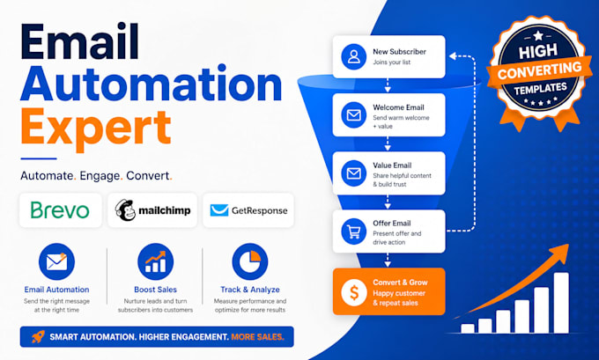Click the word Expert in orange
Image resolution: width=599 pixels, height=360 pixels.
point(95,129)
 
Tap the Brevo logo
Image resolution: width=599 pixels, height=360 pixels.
point(60,210)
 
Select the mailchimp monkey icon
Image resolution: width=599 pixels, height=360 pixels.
point(125,210)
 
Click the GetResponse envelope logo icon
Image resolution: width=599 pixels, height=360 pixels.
point(219,210)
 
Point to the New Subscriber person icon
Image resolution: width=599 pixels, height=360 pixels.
point(354,56)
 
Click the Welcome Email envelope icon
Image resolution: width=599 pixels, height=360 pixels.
point(354,114)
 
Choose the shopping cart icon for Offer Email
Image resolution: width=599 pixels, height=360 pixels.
point(354,231)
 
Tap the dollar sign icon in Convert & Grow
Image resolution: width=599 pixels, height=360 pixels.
point(354,292)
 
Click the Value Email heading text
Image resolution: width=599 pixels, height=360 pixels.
point(392,165)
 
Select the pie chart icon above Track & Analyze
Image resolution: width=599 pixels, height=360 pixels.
point(250,261)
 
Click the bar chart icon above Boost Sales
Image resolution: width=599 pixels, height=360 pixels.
point(156,261)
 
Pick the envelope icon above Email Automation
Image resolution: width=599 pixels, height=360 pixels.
point(56,261)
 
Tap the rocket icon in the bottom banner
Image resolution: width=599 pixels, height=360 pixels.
point(38,336)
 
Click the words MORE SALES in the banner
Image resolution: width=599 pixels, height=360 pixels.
point(257,337)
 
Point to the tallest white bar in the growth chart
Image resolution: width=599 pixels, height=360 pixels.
point(561,303)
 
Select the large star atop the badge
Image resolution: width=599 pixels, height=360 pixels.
point(538,36)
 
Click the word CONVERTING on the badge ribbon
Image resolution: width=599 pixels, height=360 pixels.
point(539,70)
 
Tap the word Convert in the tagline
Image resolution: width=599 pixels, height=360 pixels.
point(147,176)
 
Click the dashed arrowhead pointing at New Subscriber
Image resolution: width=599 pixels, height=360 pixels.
point(453,56)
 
